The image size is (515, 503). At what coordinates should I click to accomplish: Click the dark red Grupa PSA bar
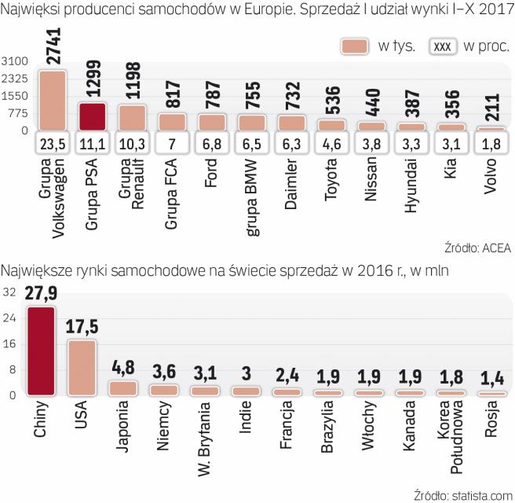click(93, 116)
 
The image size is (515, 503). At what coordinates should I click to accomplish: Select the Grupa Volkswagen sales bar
click(53, 101)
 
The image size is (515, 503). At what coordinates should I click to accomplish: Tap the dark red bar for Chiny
click(41, 350)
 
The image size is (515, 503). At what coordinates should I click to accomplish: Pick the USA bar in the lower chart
click(81, 367)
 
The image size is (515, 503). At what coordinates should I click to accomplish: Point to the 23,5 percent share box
click(53, 145)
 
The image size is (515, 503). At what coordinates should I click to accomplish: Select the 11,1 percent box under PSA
click(93, 145)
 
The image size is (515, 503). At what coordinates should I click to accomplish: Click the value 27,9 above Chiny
click(41, 295)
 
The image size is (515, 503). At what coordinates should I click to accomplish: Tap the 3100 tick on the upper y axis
click(15, 61)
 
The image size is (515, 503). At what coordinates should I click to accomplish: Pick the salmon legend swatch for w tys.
click(356, 45)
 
